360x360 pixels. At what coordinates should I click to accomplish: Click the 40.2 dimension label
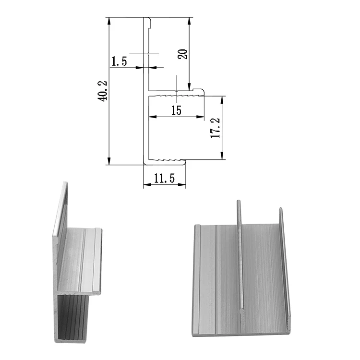pyautogui.click(x=102, y=91)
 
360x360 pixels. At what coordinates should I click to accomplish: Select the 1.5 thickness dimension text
pyautogui.click(x=119, y=61)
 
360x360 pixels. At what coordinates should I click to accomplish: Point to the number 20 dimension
pyautogui.click(x=182, y=53)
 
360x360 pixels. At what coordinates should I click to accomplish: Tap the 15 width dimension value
pyautogui.click(x=176, y=110)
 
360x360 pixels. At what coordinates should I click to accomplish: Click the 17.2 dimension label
pyautogui.click(x=215, y=128)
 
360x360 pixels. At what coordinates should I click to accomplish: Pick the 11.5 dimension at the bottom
pyautogui.click(x=164, y=179)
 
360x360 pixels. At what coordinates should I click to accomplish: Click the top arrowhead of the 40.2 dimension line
pyautogui.click(x=109, y=20)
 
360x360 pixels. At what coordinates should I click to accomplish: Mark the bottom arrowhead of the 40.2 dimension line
pyautogui.click(x=109, y=161)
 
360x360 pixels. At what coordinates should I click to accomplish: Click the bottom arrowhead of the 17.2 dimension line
pyautogui.click(x=222, y=156)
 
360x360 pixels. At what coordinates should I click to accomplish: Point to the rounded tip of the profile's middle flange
pyautogui.click(x=203, y=91)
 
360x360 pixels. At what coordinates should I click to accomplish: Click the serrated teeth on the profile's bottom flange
pyautogui.click(x=168, y=158)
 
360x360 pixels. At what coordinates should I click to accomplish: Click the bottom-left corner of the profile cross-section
pyautogui.click(x=144, y=163)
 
